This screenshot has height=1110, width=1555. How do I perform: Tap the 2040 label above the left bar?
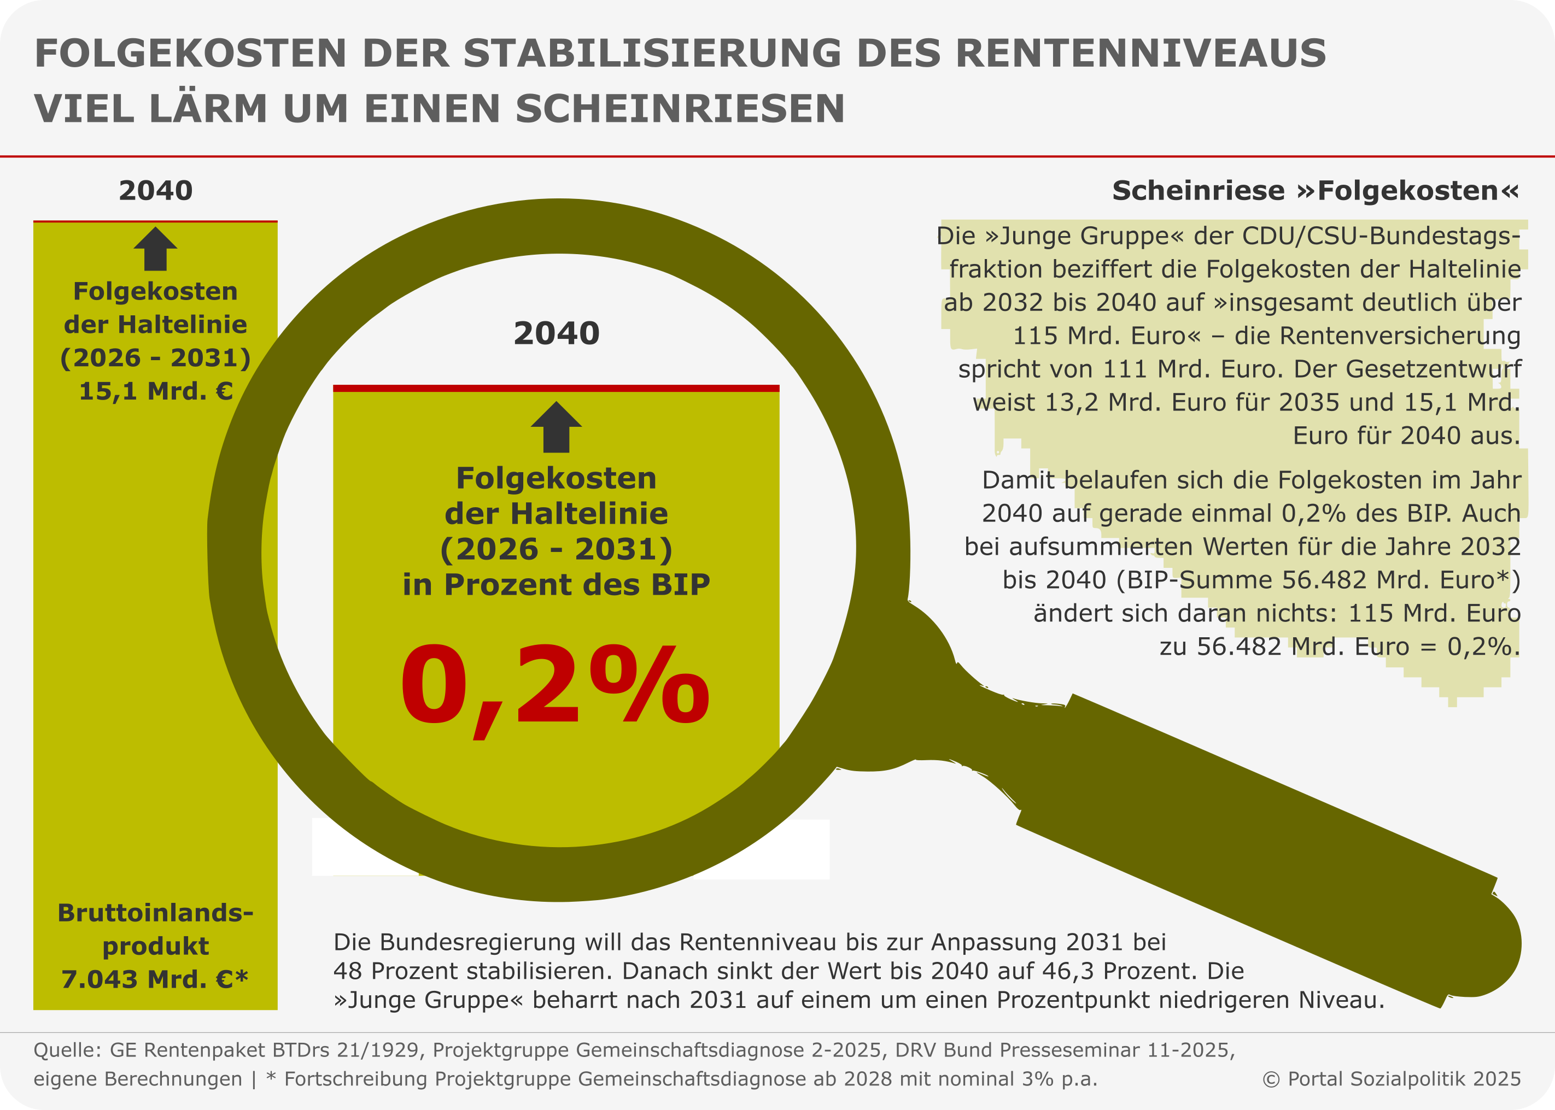156,191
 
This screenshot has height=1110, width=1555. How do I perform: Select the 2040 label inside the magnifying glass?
557,333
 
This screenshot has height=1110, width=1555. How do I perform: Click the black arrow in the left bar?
156,248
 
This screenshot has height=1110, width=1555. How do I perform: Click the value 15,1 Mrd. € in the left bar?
156,391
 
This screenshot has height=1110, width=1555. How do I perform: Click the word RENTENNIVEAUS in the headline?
1141,54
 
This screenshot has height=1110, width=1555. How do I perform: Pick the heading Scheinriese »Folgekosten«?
1315,191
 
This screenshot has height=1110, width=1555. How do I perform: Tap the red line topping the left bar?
156,221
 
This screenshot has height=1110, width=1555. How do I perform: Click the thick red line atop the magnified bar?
556,388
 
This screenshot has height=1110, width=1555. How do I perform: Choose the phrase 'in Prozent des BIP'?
556,584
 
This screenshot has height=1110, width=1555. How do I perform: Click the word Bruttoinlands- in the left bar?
156,913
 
